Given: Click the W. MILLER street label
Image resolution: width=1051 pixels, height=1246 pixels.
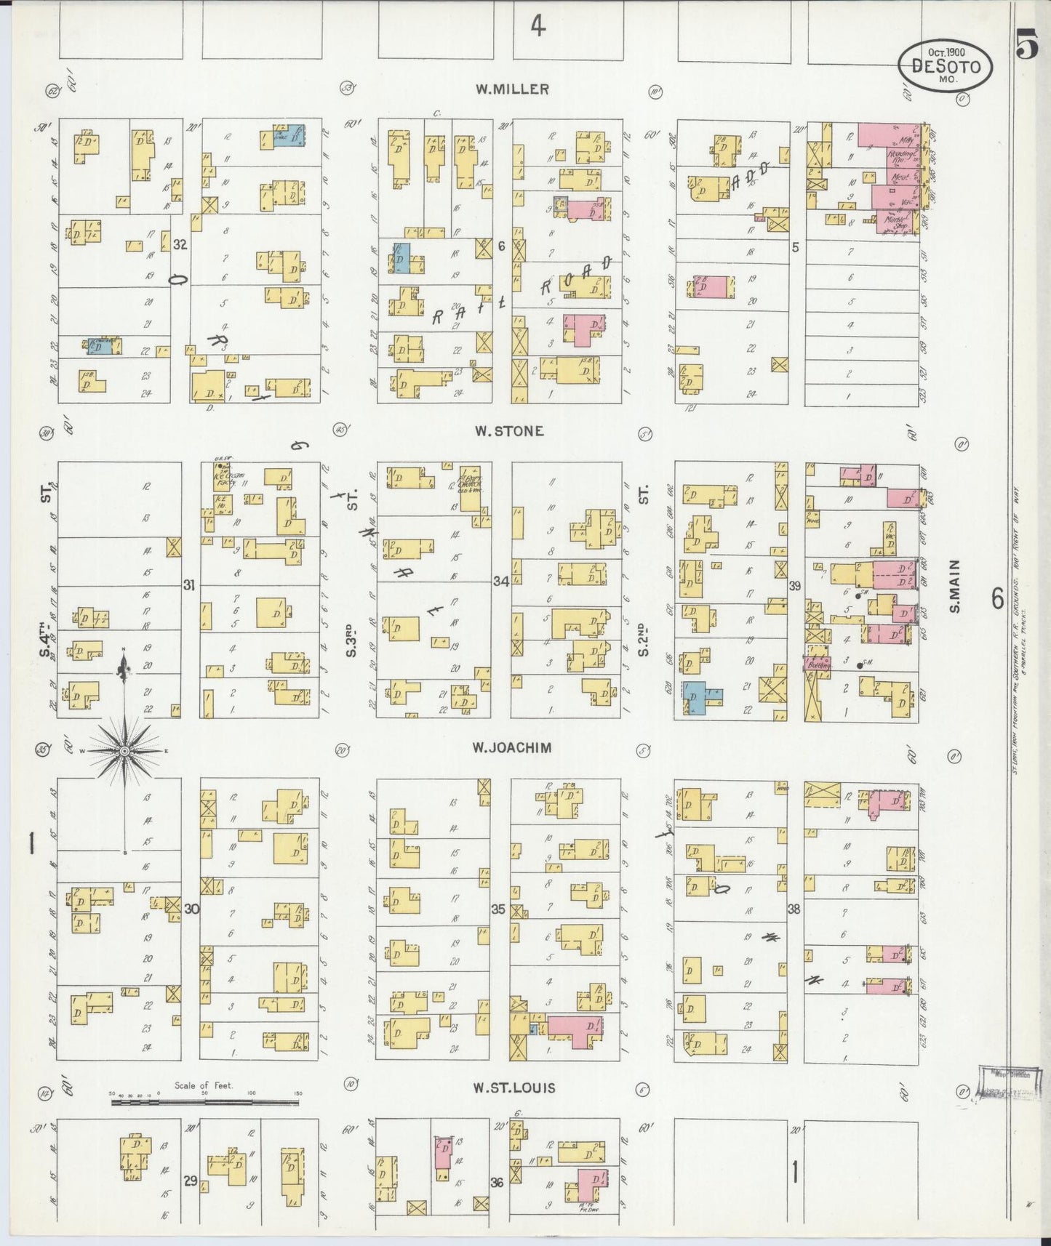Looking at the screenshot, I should pyautogui.click(x=512, y=89).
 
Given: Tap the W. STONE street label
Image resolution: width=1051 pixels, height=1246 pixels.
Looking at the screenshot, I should pyautogui.click(x=508, y=430).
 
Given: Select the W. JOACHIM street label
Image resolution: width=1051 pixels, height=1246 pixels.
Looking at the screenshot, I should pyautogui.click(x=511, y=747).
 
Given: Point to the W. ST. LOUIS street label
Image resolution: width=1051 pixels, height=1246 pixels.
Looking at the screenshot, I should pyautogui.click(x=513, y=1088).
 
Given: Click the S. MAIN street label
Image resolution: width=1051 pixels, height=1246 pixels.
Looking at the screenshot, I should pyautogui.click(x=954, y=585).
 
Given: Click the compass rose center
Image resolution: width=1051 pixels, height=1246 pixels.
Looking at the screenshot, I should pyautogui.click(x=124, y=750).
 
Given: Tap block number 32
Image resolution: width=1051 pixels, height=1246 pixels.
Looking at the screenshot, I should pyautogui.click(x=180, y=245).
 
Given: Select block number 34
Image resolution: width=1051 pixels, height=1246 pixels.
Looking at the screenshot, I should pyautogui.click(x=500, y=581).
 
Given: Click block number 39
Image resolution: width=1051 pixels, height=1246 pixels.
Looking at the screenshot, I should pyautogui.click(x=794, y=585).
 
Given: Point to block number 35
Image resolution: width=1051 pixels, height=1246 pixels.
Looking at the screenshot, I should pyautogui.click(x=498, y=909).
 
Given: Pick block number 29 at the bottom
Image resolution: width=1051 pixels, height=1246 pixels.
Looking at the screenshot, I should pyautogui.click(x=190, y=1181).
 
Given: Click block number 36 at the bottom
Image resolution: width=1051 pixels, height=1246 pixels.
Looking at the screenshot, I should pyautogui.click(x=497, y=1182).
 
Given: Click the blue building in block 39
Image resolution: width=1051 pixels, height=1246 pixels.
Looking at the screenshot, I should pyautogui.click(x=701, y=696).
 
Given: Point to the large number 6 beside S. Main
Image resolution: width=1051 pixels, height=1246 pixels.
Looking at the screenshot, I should pyautogui.click(x=997, y=598).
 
